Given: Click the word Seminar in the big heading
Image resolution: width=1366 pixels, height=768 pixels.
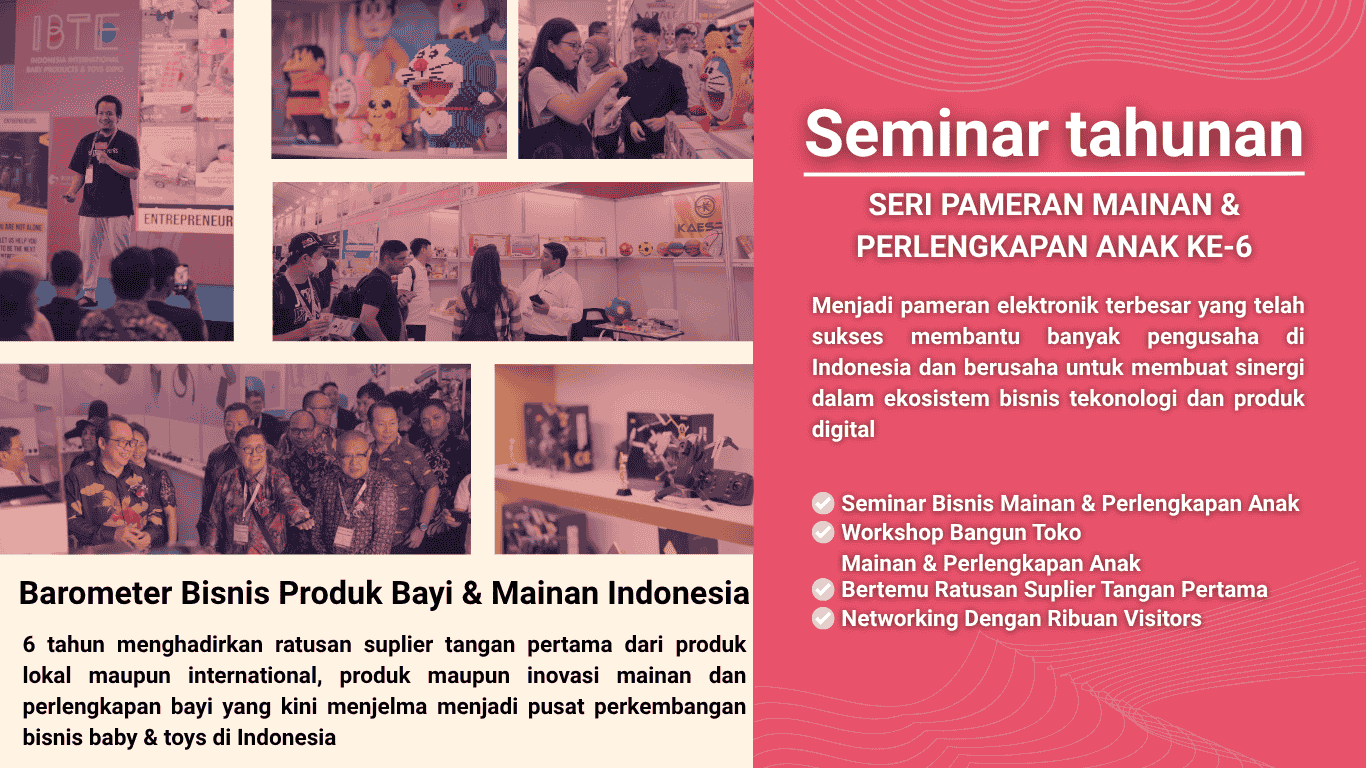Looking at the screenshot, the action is pyautogui.click(x=927, y=134).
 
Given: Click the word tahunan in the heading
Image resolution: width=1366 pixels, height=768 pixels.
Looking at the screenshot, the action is pyautogui.click(x=1185, y=134).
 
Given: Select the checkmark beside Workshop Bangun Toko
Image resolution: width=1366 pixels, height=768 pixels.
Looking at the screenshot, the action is pyautogui.click(x=823, y=533).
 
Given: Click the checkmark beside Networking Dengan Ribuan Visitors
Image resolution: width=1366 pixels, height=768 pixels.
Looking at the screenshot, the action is pyautogui.click(x=823, y=619).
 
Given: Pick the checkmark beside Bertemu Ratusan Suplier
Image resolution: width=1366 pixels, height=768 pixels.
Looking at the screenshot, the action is pyautogui.click(x=823, y=589).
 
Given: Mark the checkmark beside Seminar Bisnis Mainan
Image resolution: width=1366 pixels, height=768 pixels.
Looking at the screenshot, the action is pyautogui.click(x=823, y=503).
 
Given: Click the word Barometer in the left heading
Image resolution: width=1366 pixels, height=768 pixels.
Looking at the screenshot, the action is pyautogui.click(x=96, y=593).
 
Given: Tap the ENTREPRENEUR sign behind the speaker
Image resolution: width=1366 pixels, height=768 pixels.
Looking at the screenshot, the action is pyautogui.click(x=188, y=220).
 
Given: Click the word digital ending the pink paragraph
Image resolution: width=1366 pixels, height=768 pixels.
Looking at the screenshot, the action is pyautogui.click(x=843, y=430).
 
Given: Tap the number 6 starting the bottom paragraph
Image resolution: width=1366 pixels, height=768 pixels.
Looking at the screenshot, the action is pyautogui.click(x=29, y=645).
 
